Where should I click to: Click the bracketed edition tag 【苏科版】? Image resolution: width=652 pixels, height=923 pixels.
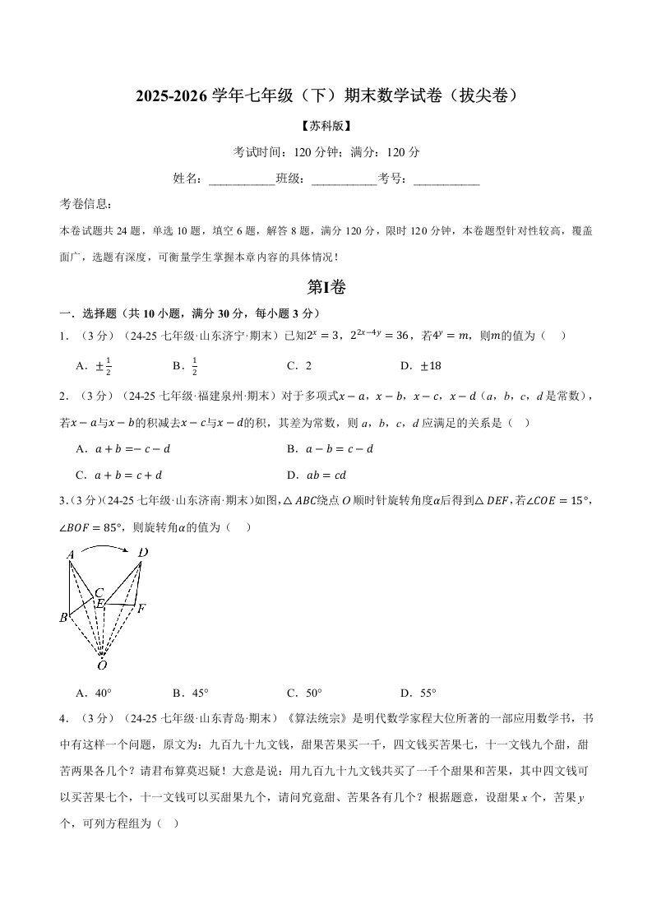coord(326,126)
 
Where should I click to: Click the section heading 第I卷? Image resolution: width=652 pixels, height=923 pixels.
coord(326,287)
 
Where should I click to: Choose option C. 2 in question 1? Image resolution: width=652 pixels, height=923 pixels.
coord(298,365)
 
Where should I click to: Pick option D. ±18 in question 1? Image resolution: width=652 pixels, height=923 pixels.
coord(421,365)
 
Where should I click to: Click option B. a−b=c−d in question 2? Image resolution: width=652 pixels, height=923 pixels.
coord(330,449)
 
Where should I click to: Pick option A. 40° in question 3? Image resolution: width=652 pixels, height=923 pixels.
coord(93,693)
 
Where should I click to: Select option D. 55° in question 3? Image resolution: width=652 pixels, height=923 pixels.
coord(418,693)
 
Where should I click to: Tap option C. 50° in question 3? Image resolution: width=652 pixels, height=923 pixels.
coord(304,693)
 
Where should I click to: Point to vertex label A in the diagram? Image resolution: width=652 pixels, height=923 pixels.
coord(71,555)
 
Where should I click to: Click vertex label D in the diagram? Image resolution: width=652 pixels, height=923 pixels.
coord(143,553)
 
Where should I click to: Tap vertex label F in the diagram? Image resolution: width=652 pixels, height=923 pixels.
coord(141,609)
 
